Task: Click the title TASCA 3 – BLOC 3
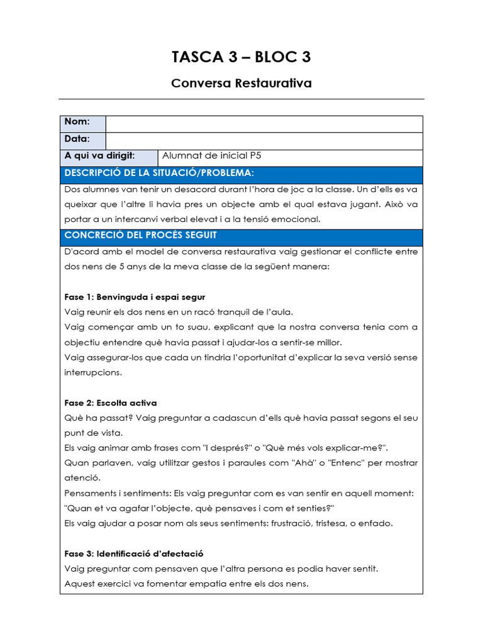click(x=241, y=57)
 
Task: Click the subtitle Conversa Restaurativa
click(x=241, y=83)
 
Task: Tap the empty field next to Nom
click(x=264, y=124)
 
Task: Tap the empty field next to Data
click(x=264, y=141)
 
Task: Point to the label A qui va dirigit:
click(x=100, y=156)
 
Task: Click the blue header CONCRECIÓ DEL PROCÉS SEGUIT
click(x=141, y=235)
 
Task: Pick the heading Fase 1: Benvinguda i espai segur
click(x=135, y=297)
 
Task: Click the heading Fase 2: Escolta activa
click(x=111, y=403)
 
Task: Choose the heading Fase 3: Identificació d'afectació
click(x=134, y=554)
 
